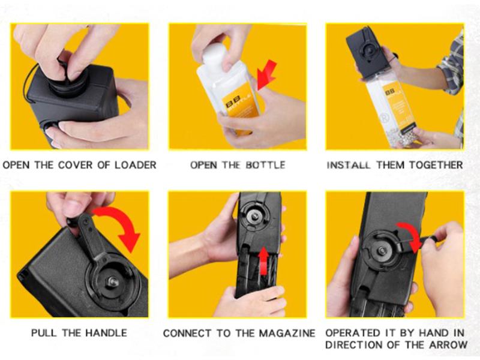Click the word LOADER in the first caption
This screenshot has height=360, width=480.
coord(136,165)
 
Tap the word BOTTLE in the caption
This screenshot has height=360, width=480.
coord(265,165)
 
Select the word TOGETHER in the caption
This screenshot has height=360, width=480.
coord(436,165)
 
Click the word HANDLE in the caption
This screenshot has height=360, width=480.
coord(106,333)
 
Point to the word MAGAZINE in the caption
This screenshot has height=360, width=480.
coord(287,333)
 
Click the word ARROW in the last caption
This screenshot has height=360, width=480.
coord(448,344)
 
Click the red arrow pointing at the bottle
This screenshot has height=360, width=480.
coord(266,74)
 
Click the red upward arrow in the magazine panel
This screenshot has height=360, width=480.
coord(263,261)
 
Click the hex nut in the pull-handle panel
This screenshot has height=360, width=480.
coord(112,282)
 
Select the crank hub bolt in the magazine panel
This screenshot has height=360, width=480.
coord(254,216)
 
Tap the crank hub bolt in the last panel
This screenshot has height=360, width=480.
coord(382,250)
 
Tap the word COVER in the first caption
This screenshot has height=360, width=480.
coord(75,165)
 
